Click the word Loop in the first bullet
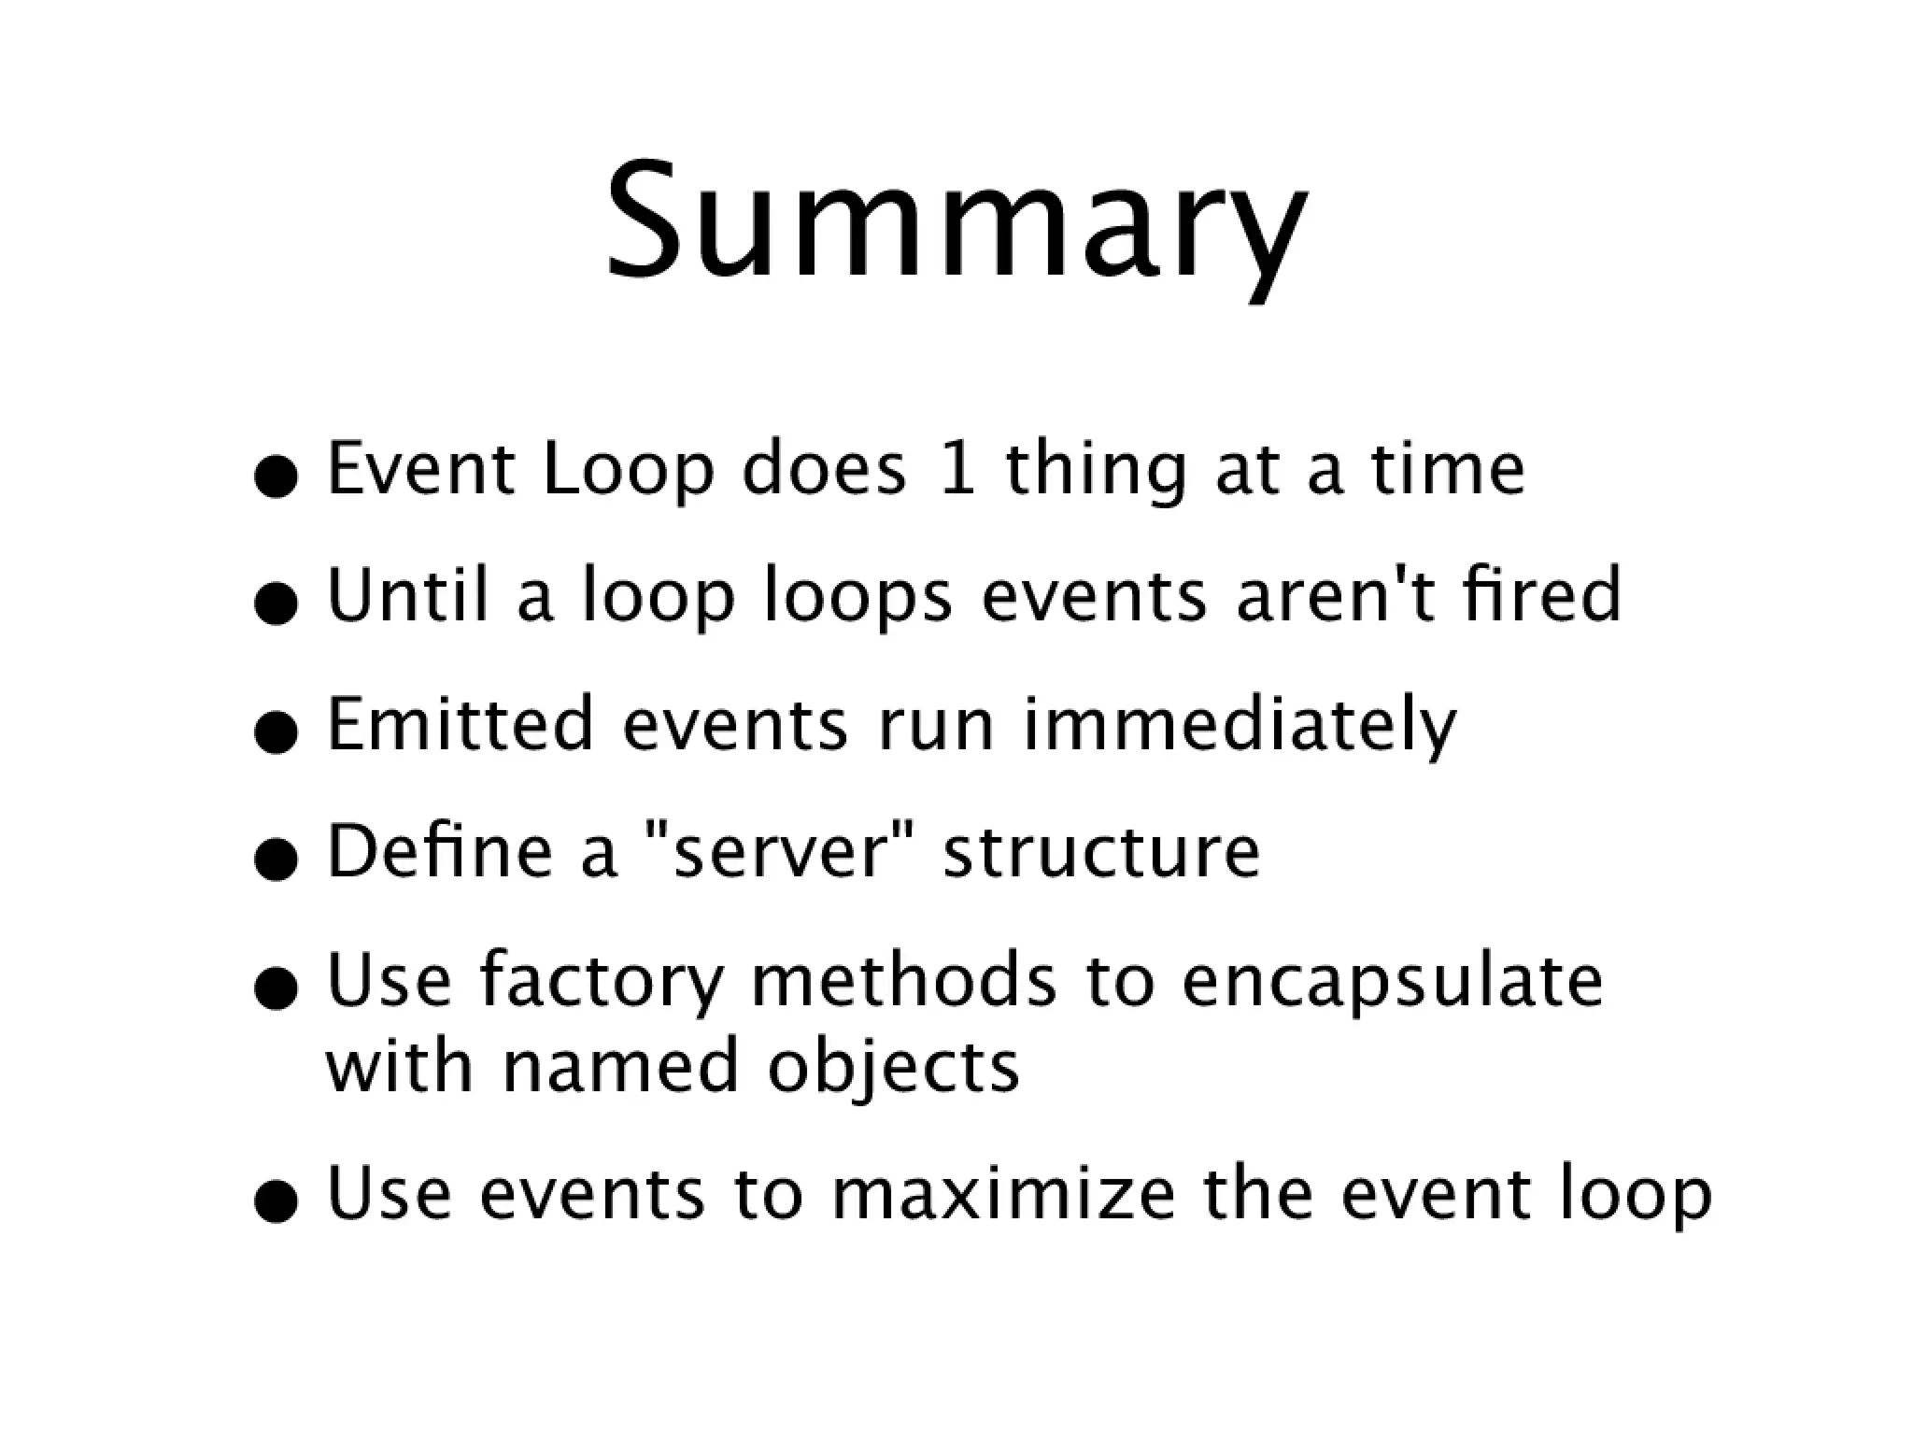[628, 470]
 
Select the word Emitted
[460, 723]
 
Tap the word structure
[1101, 852]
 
